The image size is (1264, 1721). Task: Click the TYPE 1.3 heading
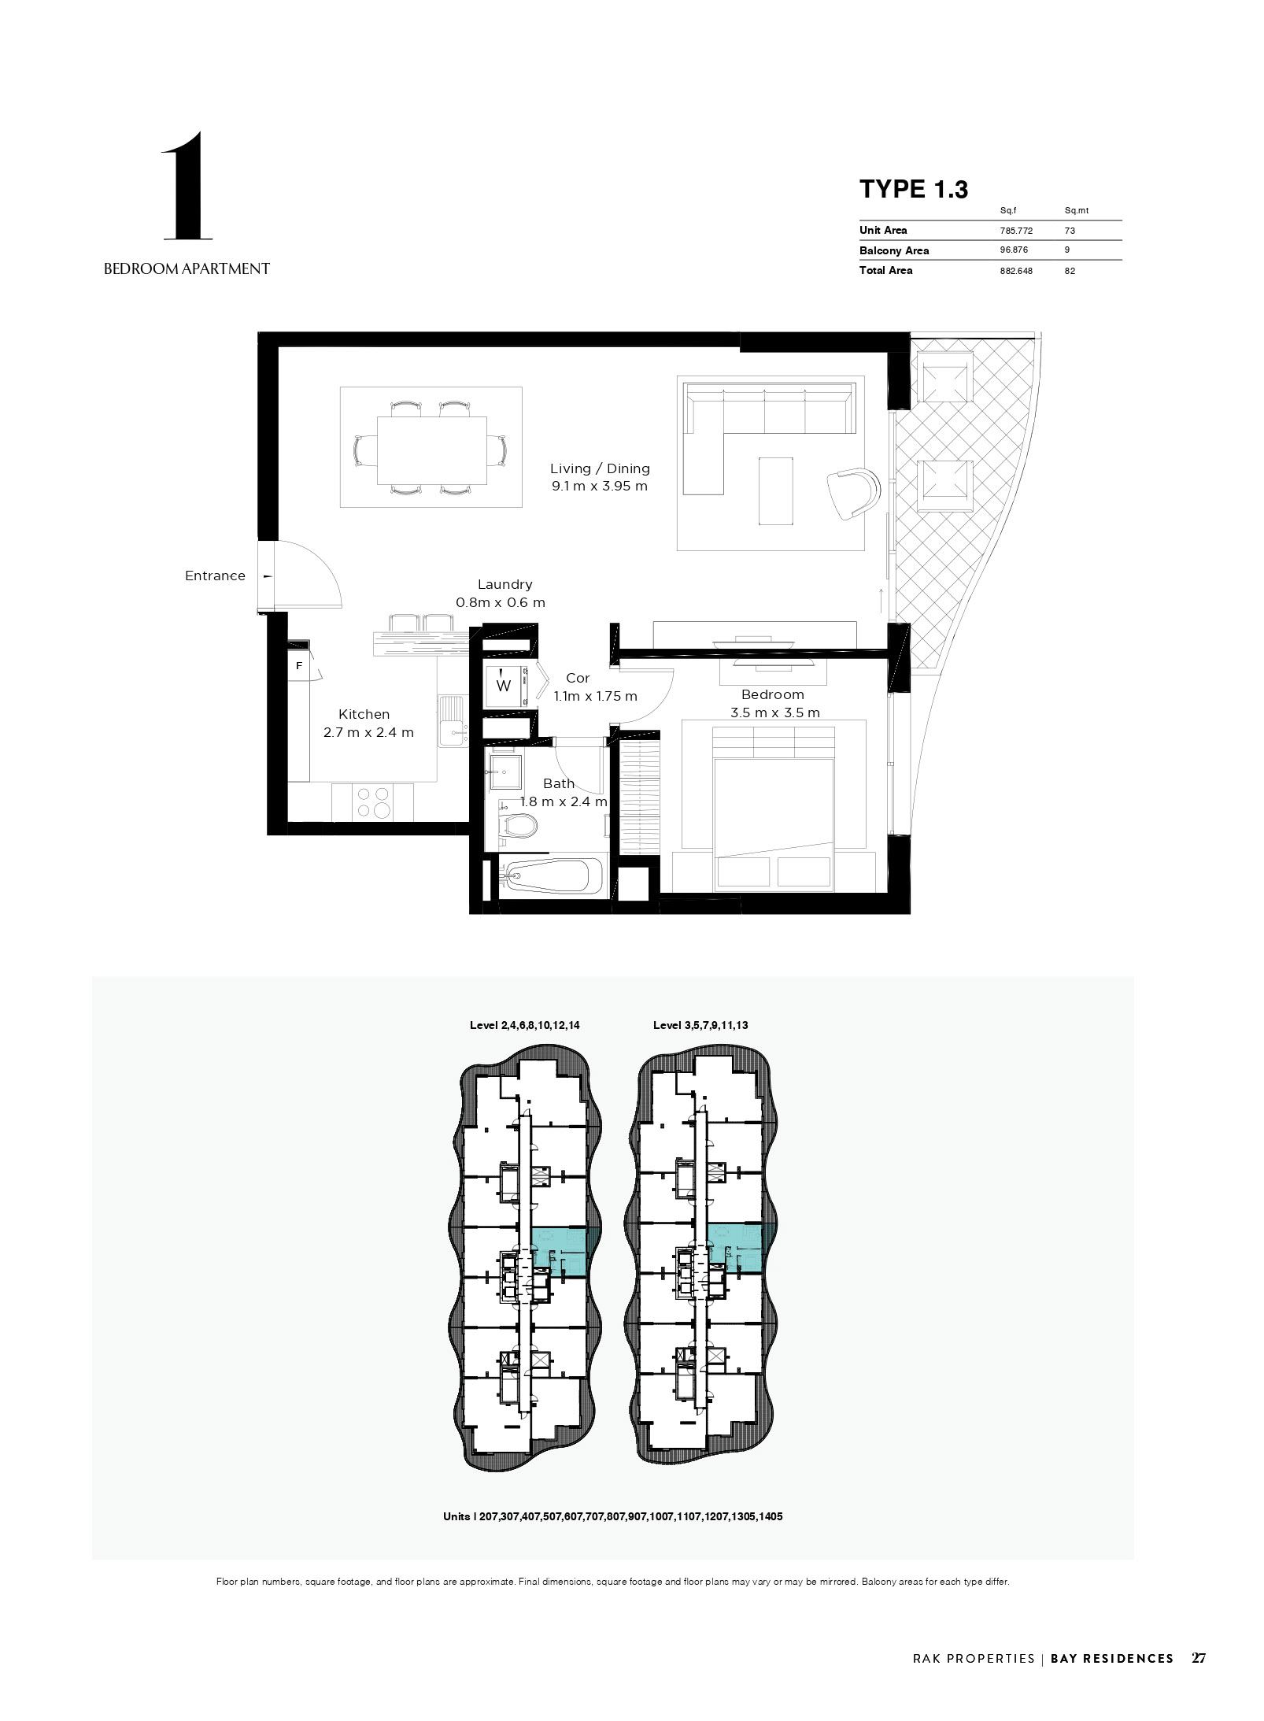tap(913, 189)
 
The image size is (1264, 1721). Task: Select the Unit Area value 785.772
tap(1016, 231)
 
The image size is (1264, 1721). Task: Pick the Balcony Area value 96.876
tap(1014, 250)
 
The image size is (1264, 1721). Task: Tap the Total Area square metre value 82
tap(1070, 271)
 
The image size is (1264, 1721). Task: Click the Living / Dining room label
tap(600, 468)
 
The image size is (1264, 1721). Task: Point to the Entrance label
tap(215, 576)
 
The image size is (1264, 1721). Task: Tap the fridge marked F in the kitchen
tap(299, 666)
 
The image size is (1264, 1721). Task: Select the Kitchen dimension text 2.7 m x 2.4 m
tap(368, 733)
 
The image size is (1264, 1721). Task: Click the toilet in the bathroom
tap(519, 826)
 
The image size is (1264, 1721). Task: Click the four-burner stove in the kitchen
tap(372, 802)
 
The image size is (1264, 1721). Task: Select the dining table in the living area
tap(431, 450)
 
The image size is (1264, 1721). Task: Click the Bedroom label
tap(773, 694)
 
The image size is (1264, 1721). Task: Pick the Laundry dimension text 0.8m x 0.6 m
tap(501, 602)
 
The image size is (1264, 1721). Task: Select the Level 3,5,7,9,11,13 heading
tap(700, 1025)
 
